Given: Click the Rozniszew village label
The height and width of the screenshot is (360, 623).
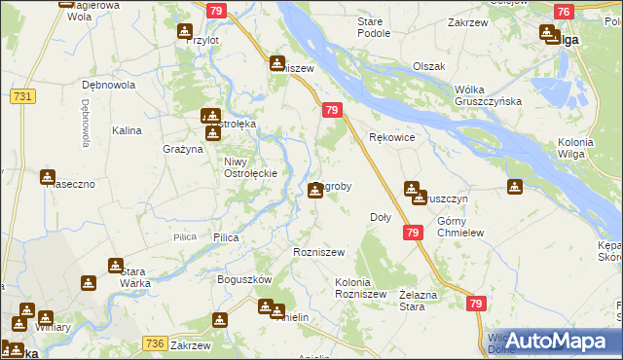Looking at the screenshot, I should click(x=319, y=252).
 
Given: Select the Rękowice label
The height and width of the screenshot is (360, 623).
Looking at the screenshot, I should click(x=392, y=138).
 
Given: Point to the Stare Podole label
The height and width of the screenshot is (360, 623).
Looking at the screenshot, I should click(x=374, y=26).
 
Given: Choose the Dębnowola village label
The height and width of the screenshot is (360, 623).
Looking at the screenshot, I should click(x=110, y=85).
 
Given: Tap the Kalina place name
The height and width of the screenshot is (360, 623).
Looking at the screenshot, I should click(x=128, y=129).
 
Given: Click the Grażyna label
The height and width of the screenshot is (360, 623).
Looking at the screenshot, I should click(x=182, y=149).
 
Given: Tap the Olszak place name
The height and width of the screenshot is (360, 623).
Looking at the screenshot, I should click(x=428, y=66).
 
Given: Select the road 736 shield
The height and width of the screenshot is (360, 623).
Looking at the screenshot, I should click(x=155, y=342).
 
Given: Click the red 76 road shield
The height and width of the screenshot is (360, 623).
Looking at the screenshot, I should click(x=563, y=12).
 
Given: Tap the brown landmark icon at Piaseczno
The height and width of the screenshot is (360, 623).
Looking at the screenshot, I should click(x=47, y=177).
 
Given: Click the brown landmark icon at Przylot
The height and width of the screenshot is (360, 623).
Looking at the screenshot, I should click(x=185, y=32).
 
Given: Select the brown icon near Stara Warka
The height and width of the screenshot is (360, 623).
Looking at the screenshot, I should click(x=116, y=265).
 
